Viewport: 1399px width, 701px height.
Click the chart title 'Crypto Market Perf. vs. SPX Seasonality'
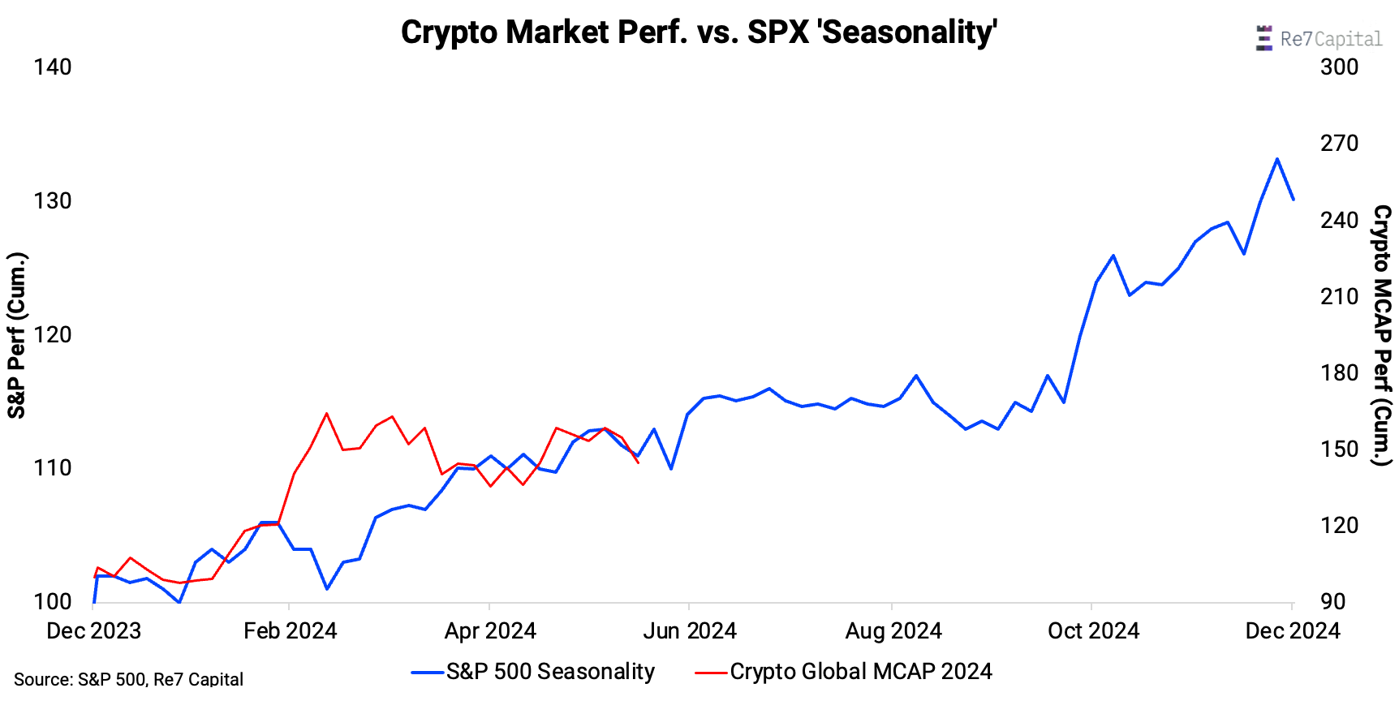pos(699,32)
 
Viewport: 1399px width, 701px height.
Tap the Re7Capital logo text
pos(1330,39)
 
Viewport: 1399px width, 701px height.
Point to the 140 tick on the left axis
pos(53,67)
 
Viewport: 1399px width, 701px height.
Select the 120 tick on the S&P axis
pos(53,334)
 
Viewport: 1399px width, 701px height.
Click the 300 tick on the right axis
pos(1339,67)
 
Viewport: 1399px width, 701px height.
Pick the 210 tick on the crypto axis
pos(1339,296)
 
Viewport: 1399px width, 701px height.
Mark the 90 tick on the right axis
pos(1332,601)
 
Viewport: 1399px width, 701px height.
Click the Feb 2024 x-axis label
pos(290,630)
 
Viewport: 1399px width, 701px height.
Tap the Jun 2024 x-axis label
pos(690,630)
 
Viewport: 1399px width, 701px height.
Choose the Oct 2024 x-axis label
pos(1093,630)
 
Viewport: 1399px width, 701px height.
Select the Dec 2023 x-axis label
pos(93,630)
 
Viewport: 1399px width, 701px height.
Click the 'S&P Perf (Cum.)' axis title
pos(16,335)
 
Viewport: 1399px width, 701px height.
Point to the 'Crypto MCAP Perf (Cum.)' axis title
pos(1382,335)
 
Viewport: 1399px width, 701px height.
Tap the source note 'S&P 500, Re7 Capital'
pos(128,679)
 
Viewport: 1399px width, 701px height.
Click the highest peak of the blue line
pos(1276,159)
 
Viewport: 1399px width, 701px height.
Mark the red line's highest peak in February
pos(327,413)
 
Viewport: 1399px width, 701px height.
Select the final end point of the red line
pos(639,462)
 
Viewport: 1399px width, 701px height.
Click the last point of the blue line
pos(1294,200)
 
